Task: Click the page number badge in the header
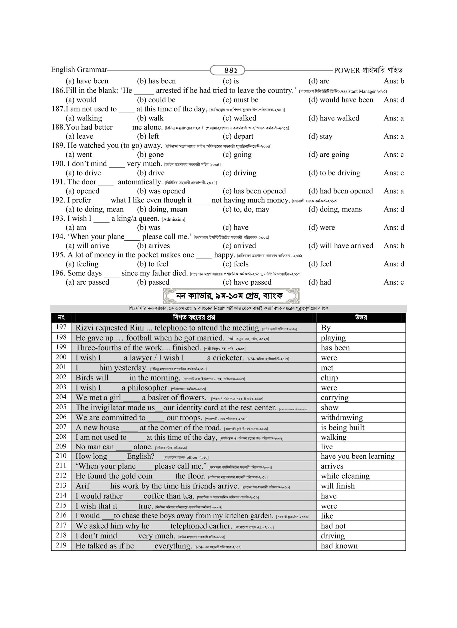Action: point(227,70)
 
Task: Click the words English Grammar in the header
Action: point(79,70)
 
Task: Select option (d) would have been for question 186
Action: point(340,100)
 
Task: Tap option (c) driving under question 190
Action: point(239,173)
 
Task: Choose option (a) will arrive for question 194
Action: point(87,246)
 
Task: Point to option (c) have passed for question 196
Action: point(247,282)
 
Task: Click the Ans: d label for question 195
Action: point(394,264)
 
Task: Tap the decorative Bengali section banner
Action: point(231,296)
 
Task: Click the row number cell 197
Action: point(61,327)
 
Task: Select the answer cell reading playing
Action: point(333,338)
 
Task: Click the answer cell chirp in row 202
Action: point(329,378)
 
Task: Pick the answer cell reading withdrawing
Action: point(342,418)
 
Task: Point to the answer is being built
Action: point(342,428)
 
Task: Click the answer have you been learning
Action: point(357,456)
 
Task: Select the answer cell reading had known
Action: point(339,546)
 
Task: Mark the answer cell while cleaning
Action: point(345,476)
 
